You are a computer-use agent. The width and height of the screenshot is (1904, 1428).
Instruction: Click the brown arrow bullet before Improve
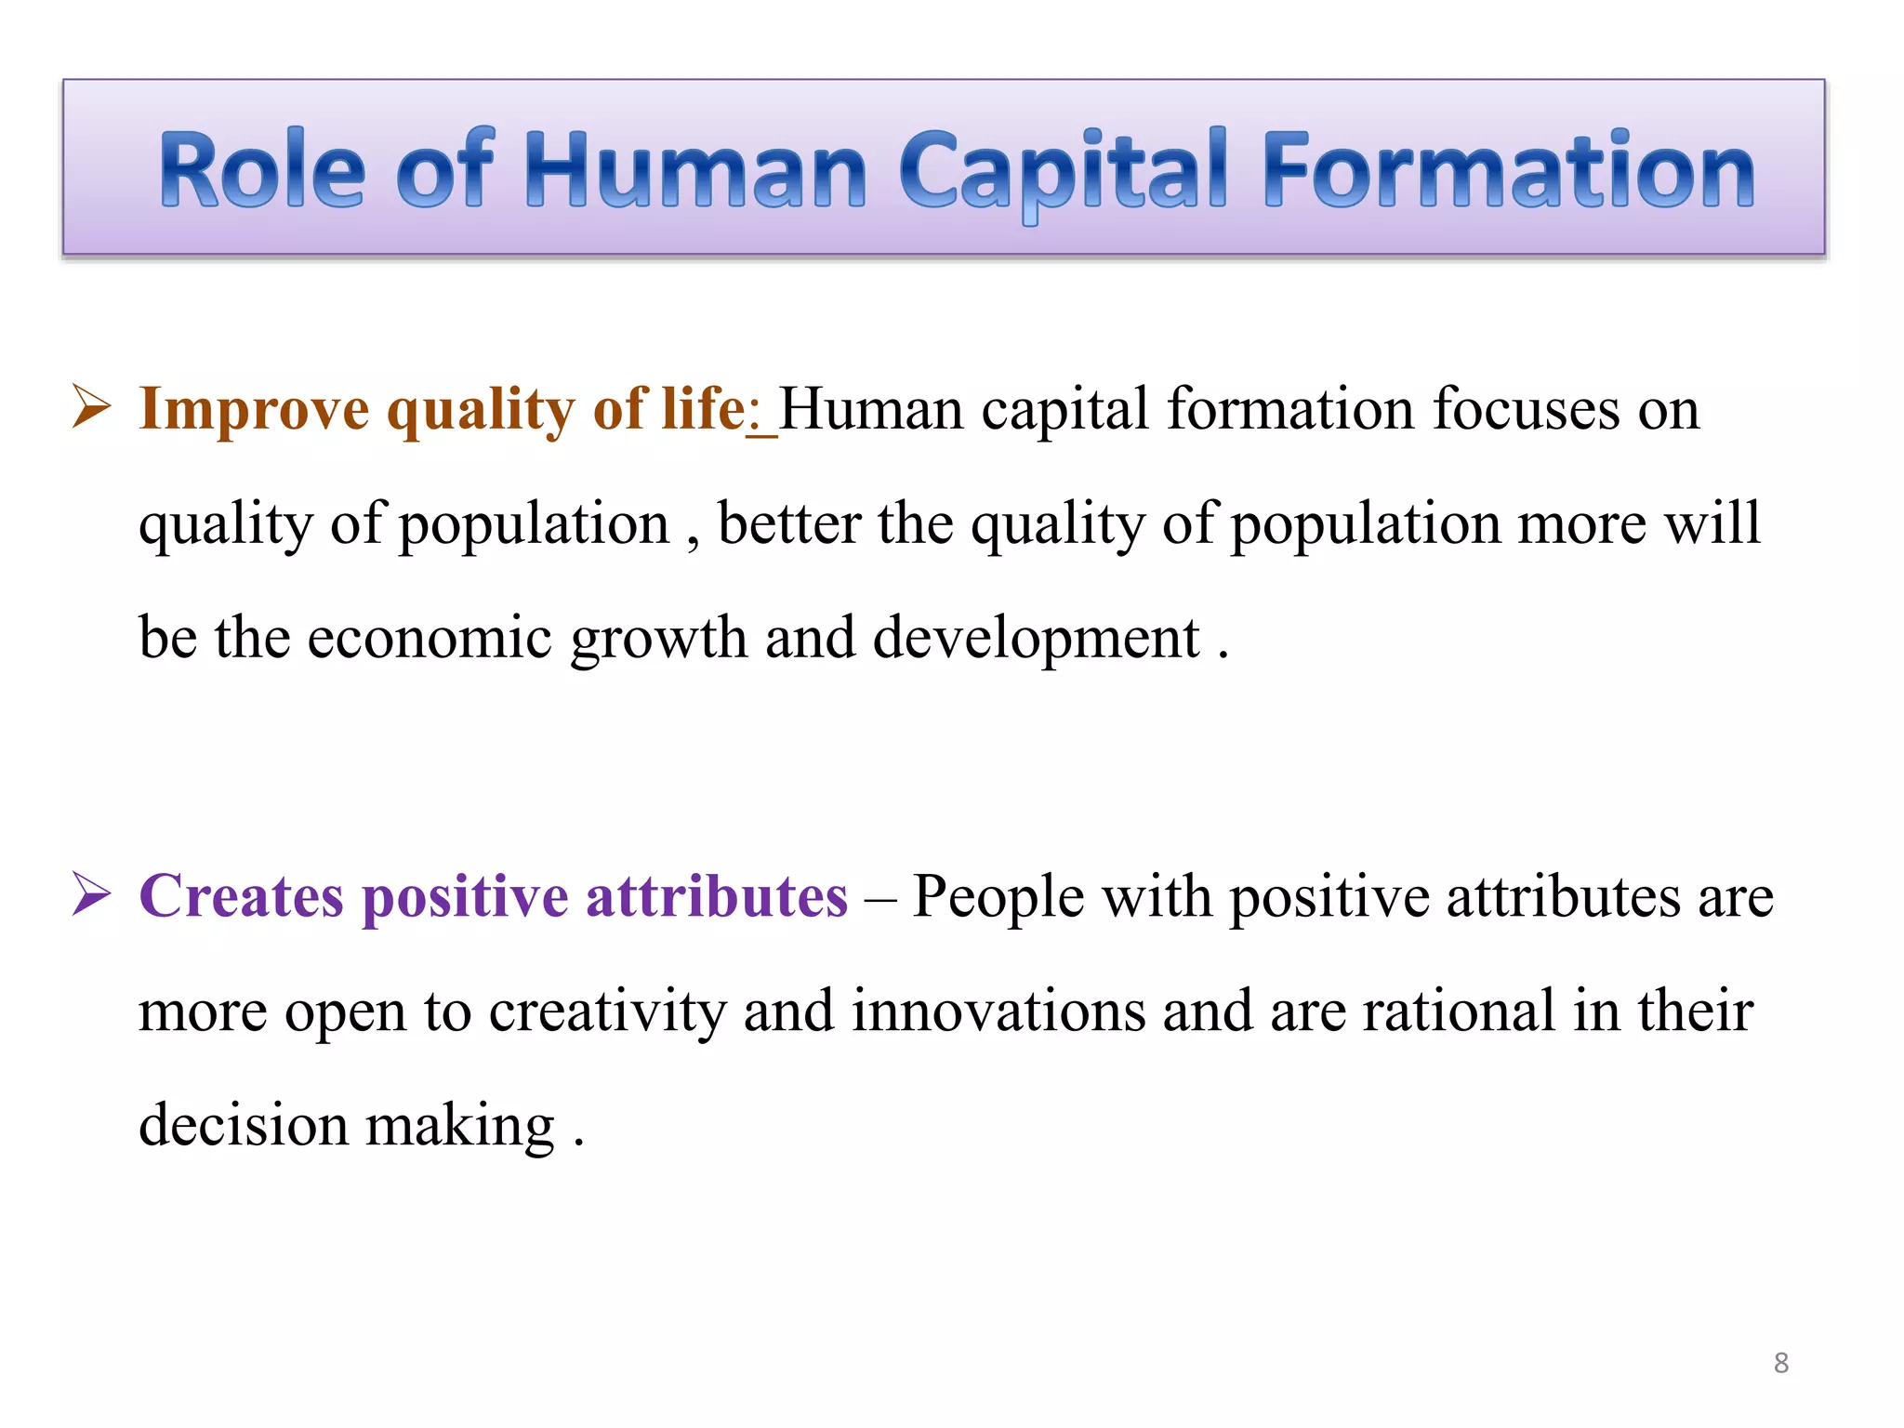[x=91, y=408]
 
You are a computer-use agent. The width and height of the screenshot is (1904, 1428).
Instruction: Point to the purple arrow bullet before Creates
[x=91, y=895]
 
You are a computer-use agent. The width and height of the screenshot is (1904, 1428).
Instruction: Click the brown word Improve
[x=253, y=410]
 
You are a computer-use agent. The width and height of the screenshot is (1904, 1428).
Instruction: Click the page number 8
[x=1780, y=1363]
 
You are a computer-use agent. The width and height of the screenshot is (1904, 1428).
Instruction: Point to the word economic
[x=430, y=639]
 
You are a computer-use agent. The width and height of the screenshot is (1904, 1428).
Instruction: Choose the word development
[x=1036, y=639]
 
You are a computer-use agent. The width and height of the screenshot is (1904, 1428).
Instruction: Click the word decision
[x=244, y=1125]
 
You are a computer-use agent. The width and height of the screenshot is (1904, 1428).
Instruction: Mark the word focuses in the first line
[x=1526, y=410]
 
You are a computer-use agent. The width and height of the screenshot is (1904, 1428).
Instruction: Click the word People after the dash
[x=998, y=897]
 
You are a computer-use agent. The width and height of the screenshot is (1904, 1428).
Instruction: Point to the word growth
[x=658, y=639]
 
